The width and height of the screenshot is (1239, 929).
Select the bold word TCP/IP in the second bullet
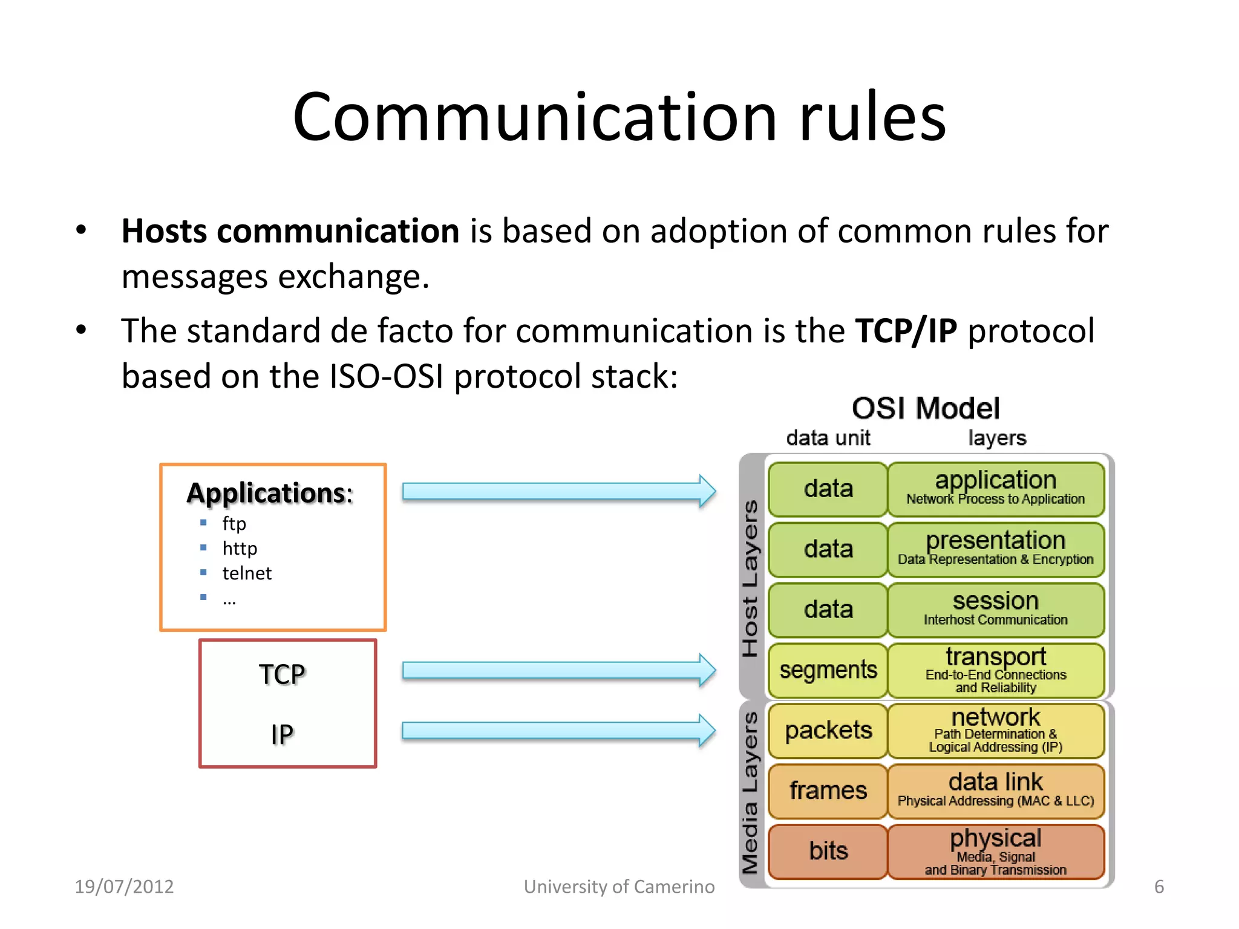[906, 331]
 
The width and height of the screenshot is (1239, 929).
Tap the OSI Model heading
[926, 408]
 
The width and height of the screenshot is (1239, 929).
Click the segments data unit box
[828, 670]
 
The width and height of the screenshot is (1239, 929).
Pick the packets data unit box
[828, 731]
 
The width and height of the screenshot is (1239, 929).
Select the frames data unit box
[828, 790]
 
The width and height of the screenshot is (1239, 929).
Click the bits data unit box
[828, 851]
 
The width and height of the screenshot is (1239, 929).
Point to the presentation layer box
[995, 549]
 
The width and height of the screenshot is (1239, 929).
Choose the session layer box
[995, 609]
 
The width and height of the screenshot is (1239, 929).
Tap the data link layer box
[995, 790]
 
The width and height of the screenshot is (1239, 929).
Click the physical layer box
[995, 851]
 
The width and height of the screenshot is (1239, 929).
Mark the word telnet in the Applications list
[247, 573]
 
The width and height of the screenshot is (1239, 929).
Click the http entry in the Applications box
[240, 548]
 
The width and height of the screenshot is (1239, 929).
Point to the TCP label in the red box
[282, 674]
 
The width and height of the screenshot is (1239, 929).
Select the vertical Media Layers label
[750, 792]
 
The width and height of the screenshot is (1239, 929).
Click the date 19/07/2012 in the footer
[124, 886]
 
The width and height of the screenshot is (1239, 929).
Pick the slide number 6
[1159, 886]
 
